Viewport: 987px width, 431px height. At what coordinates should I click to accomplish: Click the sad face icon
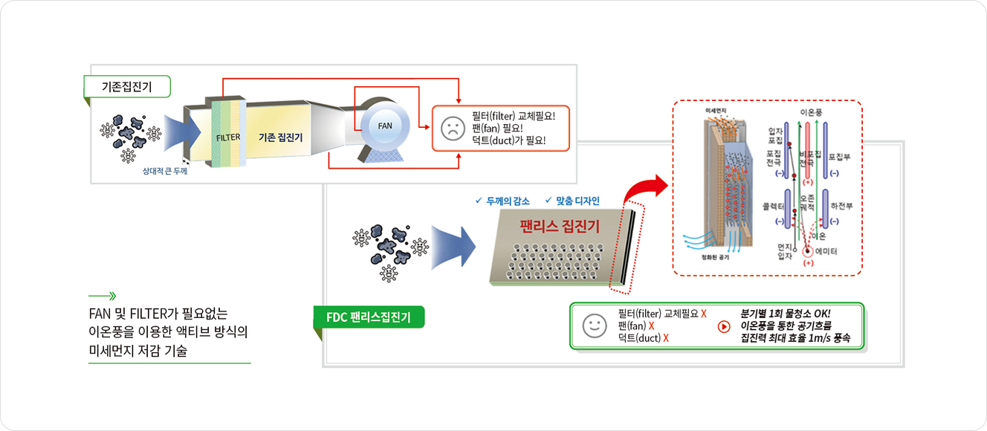451,127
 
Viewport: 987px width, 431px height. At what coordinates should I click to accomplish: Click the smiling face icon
594,325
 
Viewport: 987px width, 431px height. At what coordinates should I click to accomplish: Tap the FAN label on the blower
384,126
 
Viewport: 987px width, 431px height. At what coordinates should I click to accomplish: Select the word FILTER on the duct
228,137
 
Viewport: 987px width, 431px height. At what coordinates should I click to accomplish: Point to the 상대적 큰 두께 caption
165,171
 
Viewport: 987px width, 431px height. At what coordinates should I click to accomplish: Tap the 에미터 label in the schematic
826,252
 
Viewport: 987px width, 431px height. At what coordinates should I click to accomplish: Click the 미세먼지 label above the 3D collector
715,111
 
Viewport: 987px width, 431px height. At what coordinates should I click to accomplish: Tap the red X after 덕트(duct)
666,338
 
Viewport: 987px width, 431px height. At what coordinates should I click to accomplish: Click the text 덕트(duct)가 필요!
508,140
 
